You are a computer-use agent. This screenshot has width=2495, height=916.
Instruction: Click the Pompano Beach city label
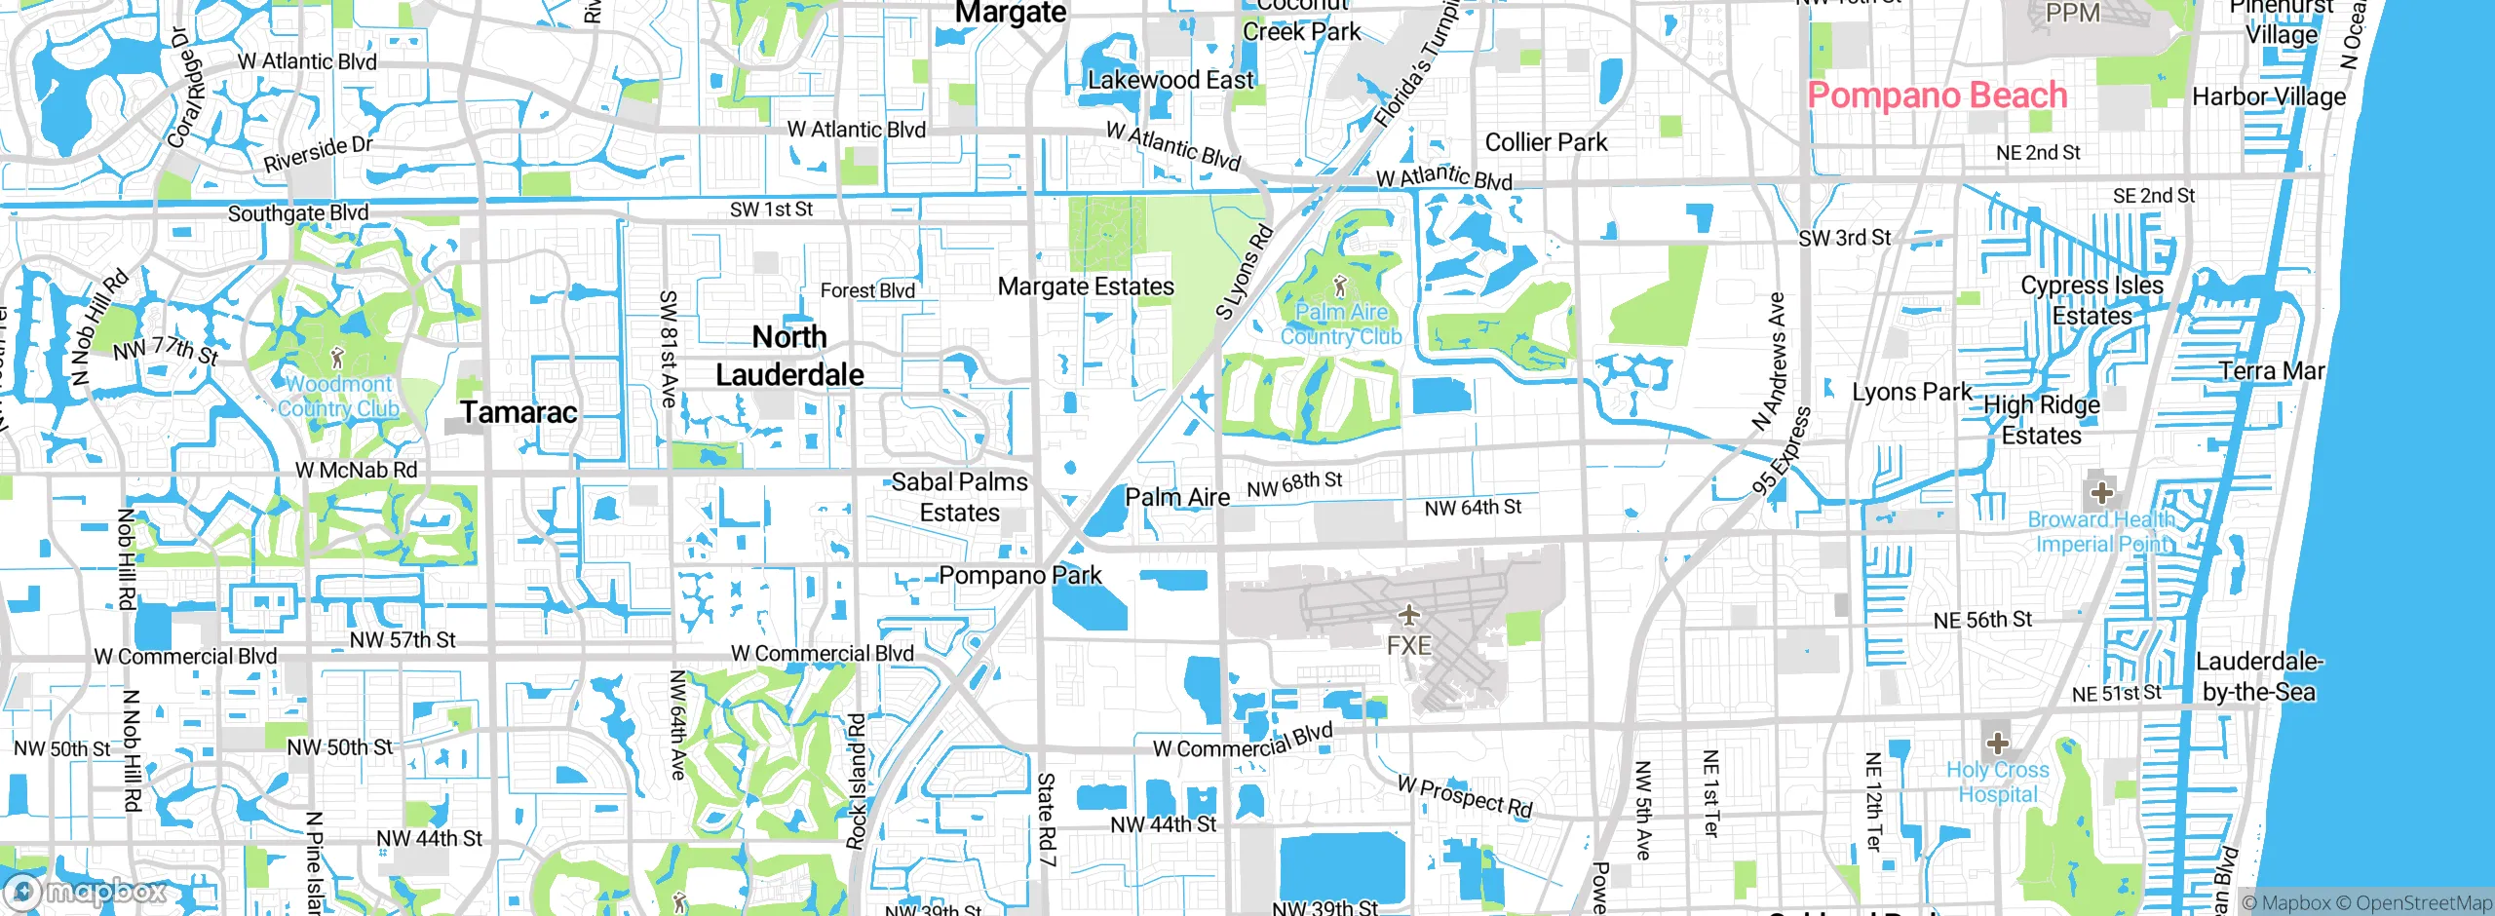click(x=1937, y=95)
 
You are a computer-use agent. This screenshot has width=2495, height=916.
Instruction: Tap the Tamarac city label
click(x=519, y=412)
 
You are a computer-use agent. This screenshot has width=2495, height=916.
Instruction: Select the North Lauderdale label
click(x=789, y=356)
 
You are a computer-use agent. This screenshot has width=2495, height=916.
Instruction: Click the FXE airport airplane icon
click(x=1408, y=615)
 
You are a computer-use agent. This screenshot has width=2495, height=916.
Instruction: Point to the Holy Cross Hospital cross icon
click(x=1997, y=744)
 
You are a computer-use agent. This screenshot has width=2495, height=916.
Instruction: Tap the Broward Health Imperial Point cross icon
click(x=2101, y=492)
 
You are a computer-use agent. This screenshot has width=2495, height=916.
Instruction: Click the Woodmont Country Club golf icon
click(x=338, y=358)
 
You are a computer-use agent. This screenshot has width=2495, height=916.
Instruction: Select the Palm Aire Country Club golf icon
click(x=1340, y=286)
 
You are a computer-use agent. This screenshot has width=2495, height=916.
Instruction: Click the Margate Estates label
click(x=1086, y=286)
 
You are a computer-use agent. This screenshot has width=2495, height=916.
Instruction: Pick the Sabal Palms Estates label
click(x=960, y=497)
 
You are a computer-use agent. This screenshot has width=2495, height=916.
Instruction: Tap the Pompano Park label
click(x=1020, y=576)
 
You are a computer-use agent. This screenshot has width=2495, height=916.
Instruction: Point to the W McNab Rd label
click(x=357, y=470)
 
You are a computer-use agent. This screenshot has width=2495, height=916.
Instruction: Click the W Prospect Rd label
click(x=1465, y=796)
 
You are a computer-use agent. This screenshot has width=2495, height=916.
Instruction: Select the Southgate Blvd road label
click(x=298, y=213)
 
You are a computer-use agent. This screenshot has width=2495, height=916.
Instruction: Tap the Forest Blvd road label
click(x=867, y=290)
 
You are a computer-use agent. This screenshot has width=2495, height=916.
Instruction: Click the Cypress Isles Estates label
click(x=2092, y=300)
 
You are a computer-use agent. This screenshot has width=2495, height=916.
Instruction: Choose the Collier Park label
click(x=1546, y=142)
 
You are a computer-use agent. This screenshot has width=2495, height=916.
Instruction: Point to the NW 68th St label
click(x=1294, y=484)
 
